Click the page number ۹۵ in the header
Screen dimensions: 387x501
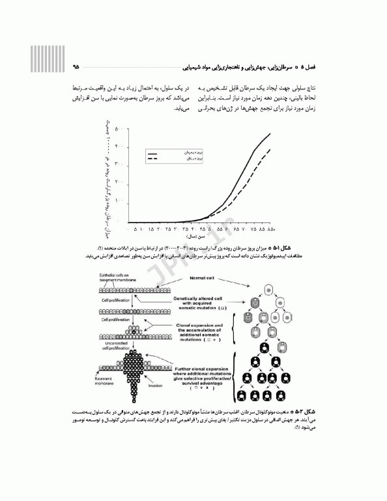(76, 66)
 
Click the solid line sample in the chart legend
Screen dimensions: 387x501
(154, 151)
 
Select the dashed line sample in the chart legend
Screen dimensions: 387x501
(154, 158)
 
